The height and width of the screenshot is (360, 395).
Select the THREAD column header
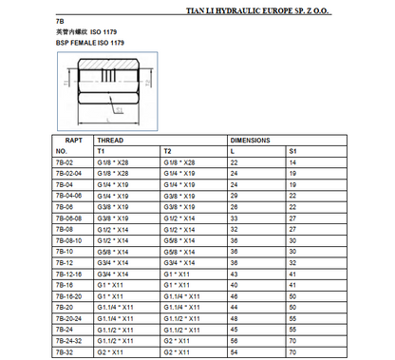[111, 140]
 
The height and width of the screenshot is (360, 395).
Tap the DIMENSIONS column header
[251, 140]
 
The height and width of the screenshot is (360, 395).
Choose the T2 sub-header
[168, 151]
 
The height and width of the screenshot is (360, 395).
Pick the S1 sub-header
[292, 151]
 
